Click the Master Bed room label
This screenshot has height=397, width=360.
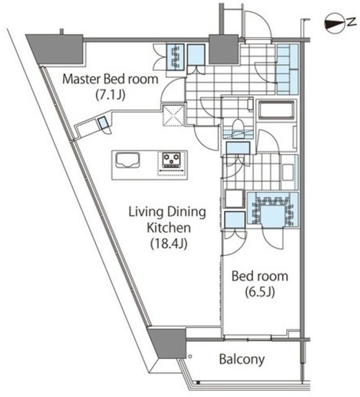coord(110,79)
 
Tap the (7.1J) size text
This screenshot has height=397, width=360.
coord(110,95)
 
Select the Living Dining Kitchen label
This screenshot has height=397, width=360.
coord(167,220)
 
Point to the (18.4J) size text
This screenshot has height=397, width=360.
coord(169,244)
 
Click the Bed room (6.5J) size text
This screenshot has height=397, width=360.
coord(260,292)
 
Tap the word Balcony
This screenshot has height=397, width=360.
coord(242,359)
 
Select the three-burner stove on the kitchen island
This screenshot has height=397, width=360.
coord(172,160)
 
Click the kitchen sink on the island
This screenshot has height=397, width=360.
coord(128,160)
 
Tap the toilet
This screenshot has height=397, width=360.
coord(238,128)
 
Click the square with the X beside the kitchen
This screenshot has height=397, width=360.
coord(173,115)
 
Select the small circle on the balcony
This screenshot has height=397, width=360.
coord(190,356)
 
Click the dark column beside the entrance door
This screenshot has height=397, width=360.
coord(224,49)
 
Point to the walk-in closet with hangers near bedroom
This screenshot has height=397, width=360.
coord(273,209)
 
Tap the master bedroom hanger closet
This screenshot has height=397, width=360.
coord(175,57)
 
